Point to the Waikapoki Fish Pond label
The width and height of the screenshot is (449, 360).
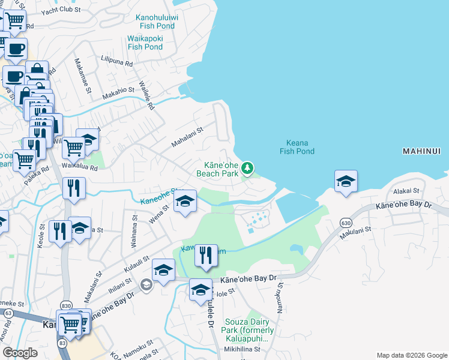(x=145, y=43)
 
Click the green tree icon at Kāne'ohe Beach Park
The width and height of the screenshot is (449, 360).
(x=248, y=169)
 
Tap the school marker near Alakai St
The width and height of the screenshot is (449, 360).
(x=346, y=182)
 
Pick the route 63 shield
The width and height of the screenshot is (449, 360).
(x=7, y=313)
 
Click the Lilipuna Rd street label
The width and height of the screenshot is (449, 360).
(x=116, y=60)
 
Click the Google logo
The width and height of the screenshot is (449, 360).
(x=20, y=352)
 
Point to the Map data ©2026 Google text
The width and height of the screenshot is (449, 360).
(x=411, y=355)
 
